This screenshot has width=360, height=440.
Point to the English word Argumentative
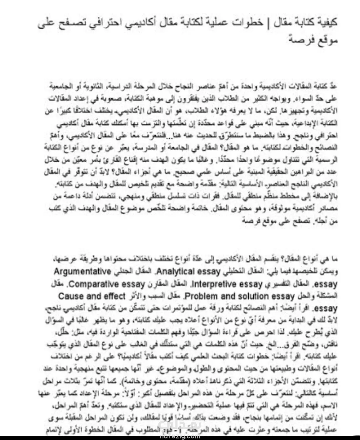(82, 272)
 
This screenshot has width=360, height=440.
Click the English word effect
(113, 296)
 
